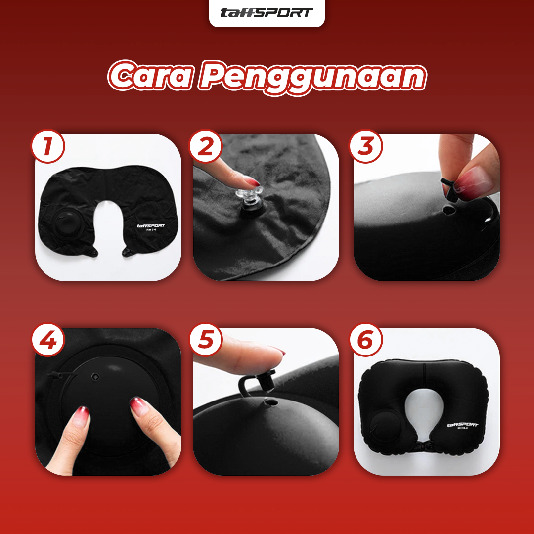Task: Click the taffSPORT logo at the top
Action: click(267, 13)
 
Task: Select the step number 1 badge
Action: click(48, 146)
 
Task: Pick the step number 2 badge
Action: click(205, 146)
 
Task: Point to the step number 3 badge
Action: click(366, 146)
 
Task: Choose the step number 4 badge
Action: click(48, 340)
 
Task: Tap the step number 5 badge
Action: click(205, 340)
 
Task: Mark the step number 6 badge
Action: click(366, 340)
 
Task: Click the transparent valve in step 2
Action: click(248, 197)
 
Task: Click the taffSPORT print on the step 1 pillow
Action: click(151, 227)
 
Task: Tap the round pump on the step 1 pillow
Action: click(69, 222)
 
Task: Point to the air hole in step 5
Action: click(271, 402)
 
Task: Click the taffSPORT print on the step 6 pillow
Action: click(462, 426)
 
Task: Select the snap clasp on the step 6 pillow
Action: click(423, 445)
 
